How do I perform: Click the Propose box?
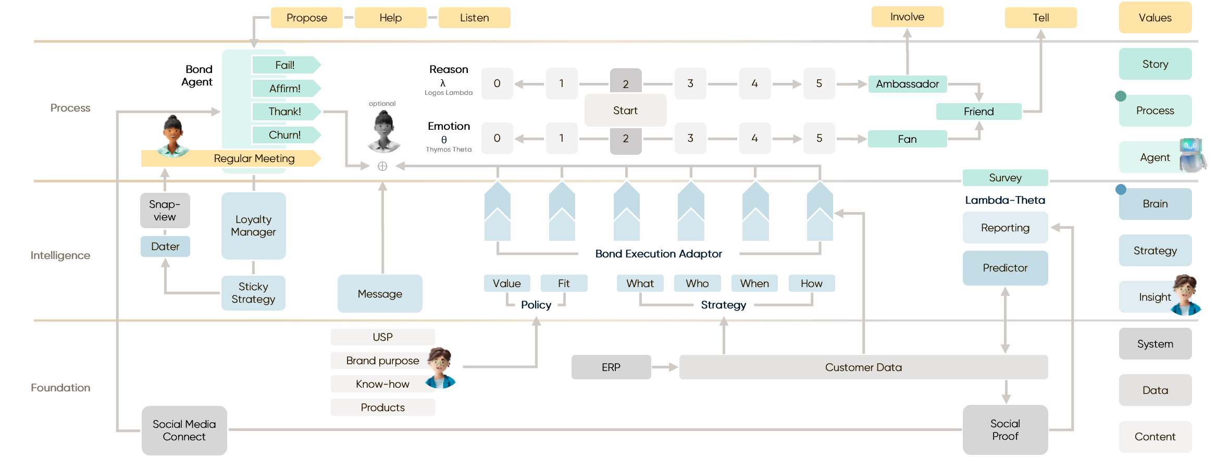click(x=306, y=18)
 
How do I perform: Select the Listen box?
click(x=474, y=18)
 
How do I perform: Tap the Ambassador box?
click(x=907, y=84)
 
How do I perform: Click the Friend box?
click(x=978, y=112)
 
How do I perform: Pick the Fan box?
click(x=907, y=139)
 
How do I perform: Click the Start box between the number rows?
click(x=625, y=110)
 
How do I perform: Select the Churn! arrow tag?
click(x=286, y=135)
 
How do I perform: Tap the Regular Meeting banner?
click(x=254, y=158)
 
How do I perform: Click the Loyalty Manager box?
click(x=253, y=226)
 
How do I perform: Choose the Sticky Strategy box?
click(x=253, y=293)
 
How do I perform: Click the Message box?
click(x=380, y=294)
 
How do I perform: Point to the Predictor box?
click(x=1005, y=268)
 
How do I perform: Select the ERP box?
click(x=611, y=367)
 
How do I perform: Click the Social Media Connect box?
click(x=184, y=430)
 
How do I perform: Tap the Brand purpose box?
click(x=382, y=361)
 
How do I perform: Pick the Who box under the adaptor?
click(x=697, y=283)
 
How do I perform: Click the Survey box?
click(x=1005, y=178)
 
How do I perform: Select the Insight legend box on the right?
click(x=1155, y=297)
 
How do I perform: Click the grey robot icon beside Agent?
click(x=1193, y=155)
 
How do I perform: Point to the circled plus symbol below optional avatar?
click(x=382, y=166)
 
